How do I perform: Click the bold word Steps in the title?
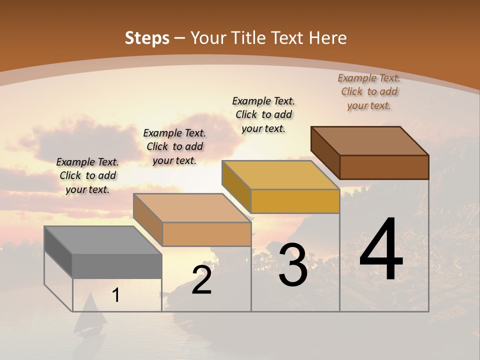[x=147, y=38]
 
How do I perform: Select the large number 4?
[x=381, y=249]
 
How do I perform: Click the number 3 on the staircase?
[x=293, y=265]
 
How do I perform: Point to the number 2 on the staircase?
[x=201, y=280]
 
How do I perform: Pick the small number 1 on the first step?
[x=116, y=295]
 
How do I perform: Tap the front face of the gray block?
[x=117, y=266]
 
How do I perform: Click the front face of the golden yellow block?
[x=295, y=201]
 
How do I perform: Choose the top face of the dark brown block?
[x=370, y=140]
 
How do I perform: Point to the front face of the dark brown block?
[x=384, y=167]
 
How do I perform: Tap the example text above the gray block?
[x=87, y=175]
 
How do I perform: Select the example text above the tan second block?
[x=174, y=146]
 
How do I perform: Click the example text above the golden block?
[x=263, y=114]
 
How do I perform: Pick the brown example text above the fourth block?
[x=369, y=91]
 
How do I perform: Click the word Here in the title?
[x=328, y=38]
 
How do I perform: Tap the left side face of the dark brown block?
[x=325, y=152]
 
